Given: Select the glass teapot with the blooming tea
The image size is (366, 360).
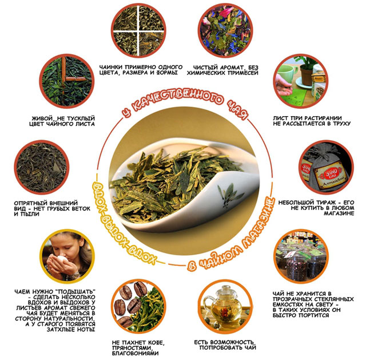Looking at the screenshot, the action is pyautogui.click(x=225, y=306).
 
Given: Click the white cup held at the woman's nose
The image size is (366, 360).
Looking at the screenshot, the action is pyautogui.click(x=62, y=259).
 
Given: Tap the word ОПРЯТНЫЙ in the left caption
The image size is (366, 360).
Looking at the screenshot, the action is pyautogui.click(x=30, y=203).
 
